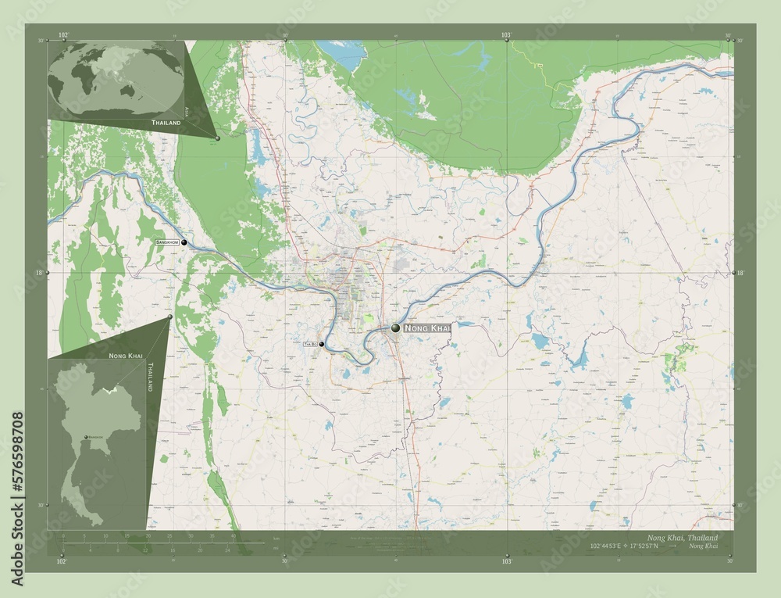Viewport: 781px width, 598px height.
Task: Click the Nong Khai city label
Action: tap(427, 329)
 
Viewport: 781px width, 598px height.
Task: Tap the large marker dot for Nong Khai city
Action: tap(396, 328)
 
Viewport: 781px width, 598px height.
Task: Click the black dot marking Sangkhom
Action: tap(184, 243)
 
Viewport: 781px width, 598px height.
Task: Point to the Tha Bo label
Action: tap(310, 344)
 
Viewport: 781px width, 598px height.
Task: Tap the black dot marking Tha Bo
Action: tap(321, 344)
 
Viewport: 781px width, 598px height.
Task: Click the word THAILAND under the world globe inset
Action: tap(166, 124)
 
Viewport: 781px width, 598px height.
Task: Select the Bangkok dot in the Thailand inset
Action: tap(86, 437)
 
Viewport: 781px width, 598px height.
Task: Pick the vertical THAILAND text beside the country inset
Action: tap(150, 377)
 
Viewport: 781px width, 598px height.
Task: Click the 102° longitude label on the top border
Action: tap(62, 35)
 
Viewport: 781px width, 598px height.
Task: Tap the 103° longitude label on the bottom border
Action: tap(507, 561)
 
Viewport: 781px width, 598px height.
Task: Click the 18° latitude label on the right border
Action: tap(740, 273)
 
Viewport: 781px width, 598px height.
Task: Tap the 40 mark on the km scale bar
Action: tap(233, 536)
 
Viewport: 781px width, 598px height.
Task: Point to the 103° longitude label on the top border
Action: tap(507, 35)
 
